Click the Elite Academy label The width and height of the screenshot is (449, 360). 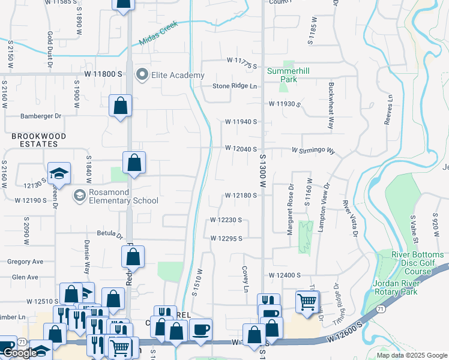coord(178,75)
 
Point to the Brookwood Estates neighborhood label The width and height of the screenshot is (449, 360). coord(38,140)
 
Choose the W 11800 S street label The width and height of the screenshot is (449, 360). coord(103,73)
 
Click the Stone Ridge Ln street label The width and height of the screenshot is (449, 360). coord(235,86)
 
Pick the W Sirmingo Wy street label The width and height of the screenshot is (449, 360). coord(313,150)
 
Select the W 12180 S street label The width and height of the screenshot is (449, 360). coord(241,196)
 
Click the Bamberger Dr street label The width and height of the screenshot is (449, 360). coord(41,116)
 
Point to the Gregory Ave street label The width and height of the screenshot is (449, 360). coord(25,262)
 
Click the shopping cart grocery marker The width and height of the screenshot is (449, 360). coord(307,302)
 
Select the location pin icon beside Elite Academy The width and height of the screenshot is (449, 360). coord(142,75)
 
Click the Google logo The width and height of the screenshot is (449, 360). coord(19,353)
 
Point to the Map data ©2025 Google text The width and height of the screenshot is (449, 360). coord(411,355)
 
